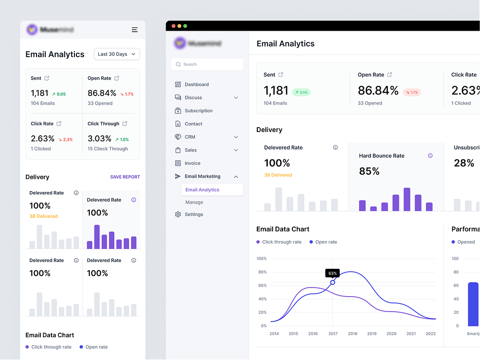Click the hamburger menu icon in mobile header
(x=135, y=30)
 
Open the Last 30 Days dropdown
(x=117, y=54)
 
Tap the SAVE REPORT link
(x=125, y=177)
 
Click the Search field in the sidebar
(x=207, y=64)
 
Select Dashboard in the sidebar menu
(x=196, y=84)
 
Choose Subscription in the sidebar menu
(x=198, y=111)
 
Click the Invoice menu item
(x=192, y=163)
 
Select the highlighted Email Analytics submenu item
(x=202, y=190)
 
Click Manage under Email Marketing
(x=194, y=203)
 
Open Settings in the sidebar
(x=193, y=215)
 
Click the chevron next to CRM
(x=236, y=137)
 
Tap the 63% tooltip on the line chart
(x=333, y=273)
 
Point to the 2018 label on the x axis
(x=352, y=334)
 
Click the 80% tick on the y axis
(x=262, y=272)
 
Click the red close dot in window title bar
(x=173, y=26)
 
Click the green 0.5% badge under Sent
(x=301, y=92)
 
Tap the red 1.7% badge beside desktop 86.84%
(x=411, y=92)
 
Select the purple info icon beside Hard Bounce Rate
(x=430, y=156)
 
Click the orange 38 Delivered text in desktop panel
(x=278, y=175)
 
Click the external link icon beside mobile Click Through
(x=125, y=124)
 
